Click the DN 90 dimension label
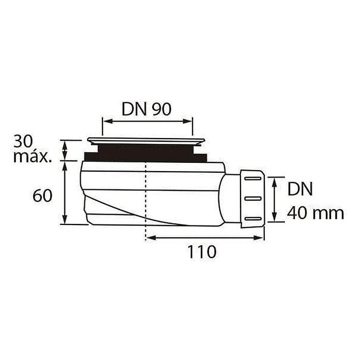tap(146, 109)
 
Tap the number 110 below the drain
tap(202, 252)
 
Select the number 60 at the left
tap(42, 196)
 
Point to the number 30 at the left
tap(23, 141)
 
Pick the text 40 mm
tap(316, 213)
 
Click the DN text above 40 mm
tap(300, 189)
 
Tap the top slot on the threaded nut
tap(253, 178)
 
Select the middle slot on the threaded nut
tap(253, 199)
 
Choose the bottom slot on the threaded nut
tap(253, 218)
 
